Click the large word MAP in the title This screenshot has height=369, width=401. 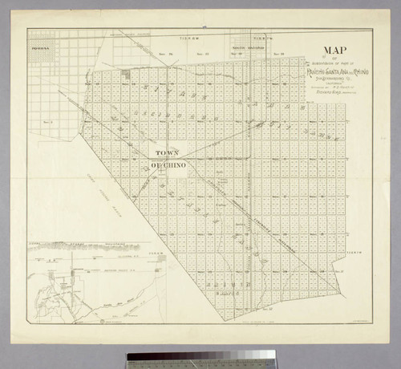328,48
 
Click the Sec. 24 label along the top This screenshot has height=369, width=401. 169,55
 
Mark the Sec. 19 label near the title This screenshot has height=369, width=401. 277,55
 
